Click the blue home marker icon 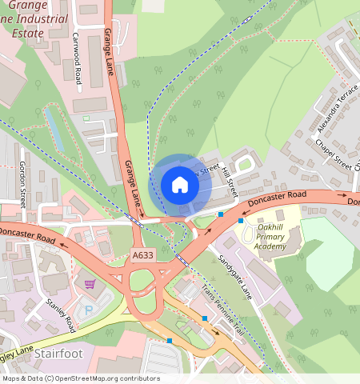(180, 185)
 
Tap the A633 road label (142, 255)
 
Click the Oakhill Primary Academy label (265, 236)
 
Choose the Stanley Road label (62, 314)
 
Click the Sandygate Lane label (235, 278)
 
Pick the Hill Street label (230, 182)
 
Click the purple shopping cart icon (90, 284)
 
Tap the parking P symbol (89, 308)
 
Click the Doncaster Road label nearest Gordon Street (28, 234)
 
